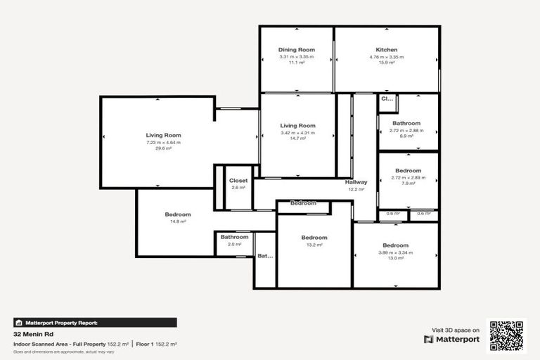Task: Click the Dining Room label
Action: pos(296,50)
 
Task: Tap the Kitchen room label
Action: pos(386,50)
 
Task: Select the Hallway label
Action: pos(356,182)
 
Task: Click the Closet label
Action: pos(238,181)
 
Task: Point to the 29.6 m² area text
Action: pos(164,148)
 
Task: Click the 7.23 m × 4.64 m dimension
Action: pos(164,142)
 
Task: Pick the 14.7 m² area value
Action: pos(297,139)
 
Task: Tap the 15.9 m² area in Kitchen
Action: pos(386,63)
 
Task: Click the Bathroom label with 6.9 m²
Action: pos(406,123)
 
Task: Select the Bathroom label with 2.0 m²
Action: pos(234,237)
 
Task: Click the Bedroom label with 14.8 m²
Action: pos(178,214)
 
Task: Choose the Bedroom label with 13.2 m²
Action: pos(314,238)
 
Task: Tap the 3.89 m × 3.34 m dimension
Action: pos(395,252)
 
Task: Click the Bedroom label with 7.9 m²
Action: pos(408,171)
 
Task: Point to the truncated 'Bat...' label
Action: pos(265,256)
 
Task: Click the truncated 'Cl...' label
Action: pos(387,99)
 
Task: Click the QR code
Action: pos(507,336)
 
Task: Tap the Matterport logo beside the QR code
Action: pos(451,339)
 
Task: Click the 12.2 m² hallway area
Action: pos(356,189)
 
